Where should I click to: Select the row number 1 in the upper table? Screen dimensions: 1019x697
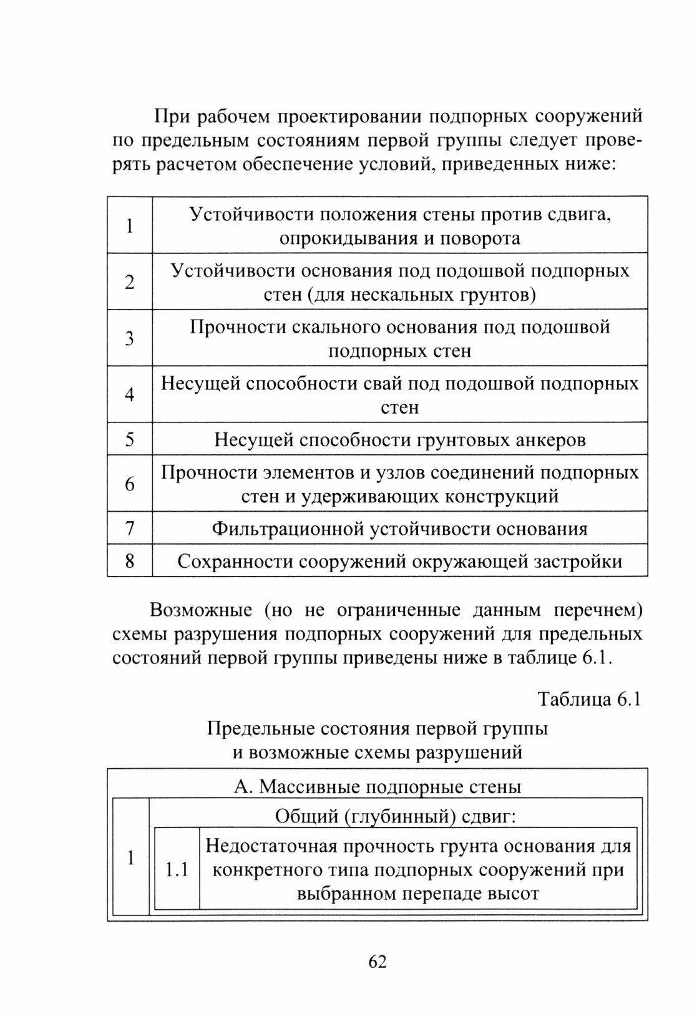tap(130, 225)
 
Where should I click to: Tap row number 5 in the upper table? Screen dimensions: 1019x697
tap(130, 439)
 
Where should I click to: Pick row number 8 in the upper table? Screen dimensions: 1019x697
tap(130, 561)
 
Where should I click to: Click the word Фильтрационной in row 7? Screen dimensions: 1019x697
tap(288, 529)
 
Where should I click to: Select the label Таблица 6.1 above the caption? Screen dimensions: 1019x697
tap(590, 700)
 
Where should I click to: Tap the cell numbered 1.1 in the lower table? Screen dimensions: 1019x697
tap(177, 869)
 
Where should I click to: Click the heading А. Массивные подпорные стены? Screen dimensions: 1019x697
tap(378, 786)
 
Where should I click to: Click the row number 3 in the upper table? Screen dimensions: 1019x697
tap(130, 338)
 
